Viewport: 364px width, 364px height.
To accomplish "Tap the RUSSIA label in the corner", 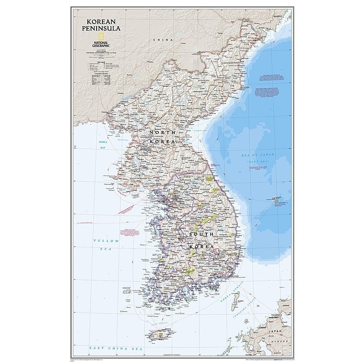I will click(278, 17).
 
